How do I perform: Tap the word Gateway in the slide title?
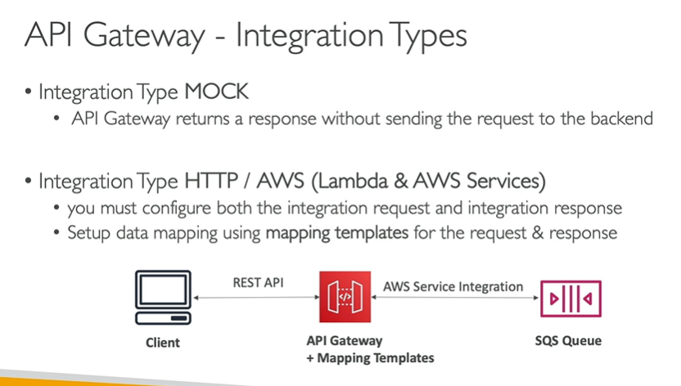click(x=141, y=36)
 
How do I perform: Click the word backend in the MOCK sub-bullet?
click(x=624, y=119)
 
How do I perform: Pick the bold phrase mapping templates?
click(x=336, y=233)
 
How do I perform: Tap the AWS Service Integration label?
click(x=453, y=286)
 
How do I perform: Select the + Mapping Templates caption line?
click(x=370, y=357)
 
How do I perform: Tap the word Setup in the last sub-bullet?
click(x=91, y=233)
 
